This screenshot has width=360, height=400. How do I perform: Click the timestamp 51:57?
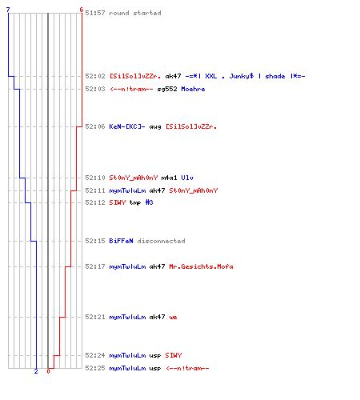pyautogui.click(x=95, y=13)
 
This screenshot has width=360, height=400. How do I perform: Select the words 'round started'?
pyautogui.click(x=135, y=13)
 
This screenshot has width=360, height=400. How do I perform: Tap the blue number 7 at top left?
pyautogui.click(x=8, y=10)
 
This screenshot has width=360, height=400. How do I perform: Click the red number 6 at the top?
pyautogui.click(x=82, y=10)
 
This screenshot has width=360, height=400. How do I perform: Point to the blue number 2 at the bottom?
pyautogui.click(x=36, y=371)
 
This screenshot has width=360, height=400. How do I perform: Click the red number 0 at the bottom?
pyautogui.click(x=48, y=371)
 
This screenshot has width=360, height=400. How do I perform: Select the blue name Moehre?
pyautogui.click(x=193, y=89)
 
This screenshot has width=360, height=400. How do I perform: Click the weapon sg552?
pyautogui.click(x=167, y=89)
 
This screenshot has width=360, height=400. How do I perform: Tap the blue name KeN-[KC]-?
pyautogui.click(x=127, y=126)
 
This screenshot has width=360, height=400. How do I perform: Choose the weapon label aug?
pyautogui.click(x=155, y=127)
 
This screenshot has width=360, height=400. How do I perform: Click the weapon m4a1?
pyautogui.click(x=169, y=178)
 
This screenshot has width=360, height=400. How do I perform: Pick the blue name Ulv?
pyautogui.click(x=187, y=178)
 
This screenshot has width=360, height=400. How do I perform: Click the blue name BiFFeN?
pyautogui.click(x=121, y=241)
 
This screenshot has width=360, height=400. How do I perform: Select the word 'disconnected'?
pyautogui.click(x=161, y=241)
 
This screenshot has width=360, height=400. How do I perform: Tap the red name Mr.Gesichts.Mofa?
pyautogui.click(x=201, y=266)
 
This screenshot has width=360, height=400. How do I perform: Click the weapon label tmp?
pyautogui.click(x=135, y=202)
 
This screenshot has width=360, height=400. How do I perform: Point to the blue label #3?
pyautogui.click(x=149, y=202)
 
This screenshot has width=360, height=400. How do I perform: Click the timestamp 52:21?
pyautogui.click(x=95, y=317)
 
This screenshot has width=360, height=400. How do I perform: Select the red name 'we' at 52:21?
pyautogui.click(x=173, y=318)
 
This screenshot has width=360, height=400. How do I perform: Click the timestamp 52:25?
pyautogui.click(x=95, y=368)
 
